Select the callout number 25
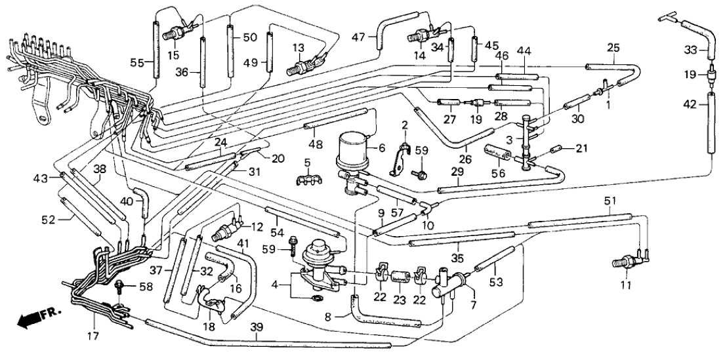613,49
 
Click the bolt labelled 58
120,287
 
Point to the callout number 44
523,51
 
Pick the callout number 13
299,49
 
